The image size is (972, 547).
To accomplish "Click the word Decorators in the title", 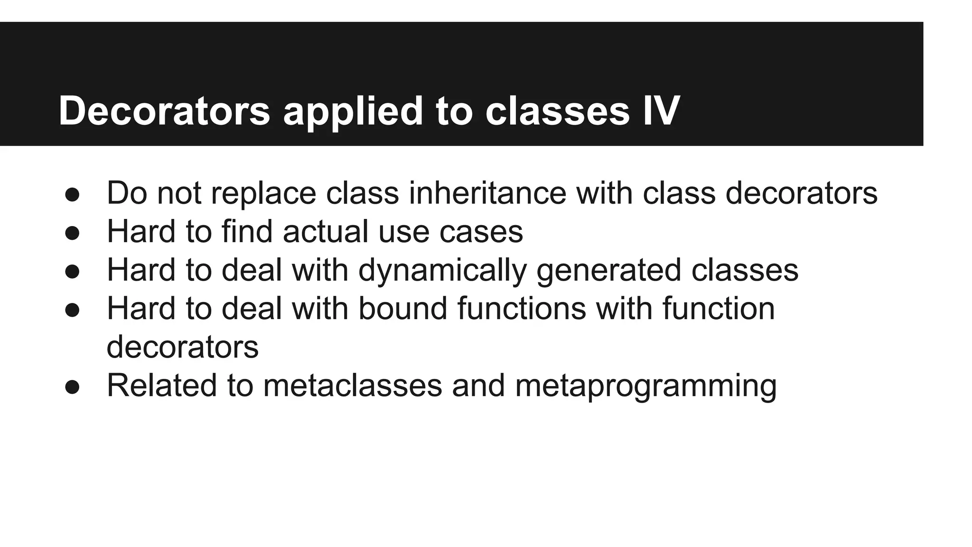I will pos(164,111).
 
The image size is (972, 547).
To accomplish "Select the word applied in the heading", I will pos(353,111).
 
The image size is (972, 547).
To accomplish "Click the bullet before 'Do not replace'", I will pos(72,195).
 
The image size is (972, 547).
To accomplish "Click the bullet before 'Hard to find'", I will pos(72,233).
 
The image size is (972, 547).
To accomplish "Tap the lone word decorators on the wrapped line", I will pos(183,347).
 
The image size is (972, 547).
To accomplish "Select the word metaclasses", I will pos(353,386).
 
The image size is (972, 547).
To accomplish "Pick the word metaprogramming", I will pos(645,386).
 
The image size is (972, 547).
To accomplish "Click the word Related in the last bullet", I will pos(162,386).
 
